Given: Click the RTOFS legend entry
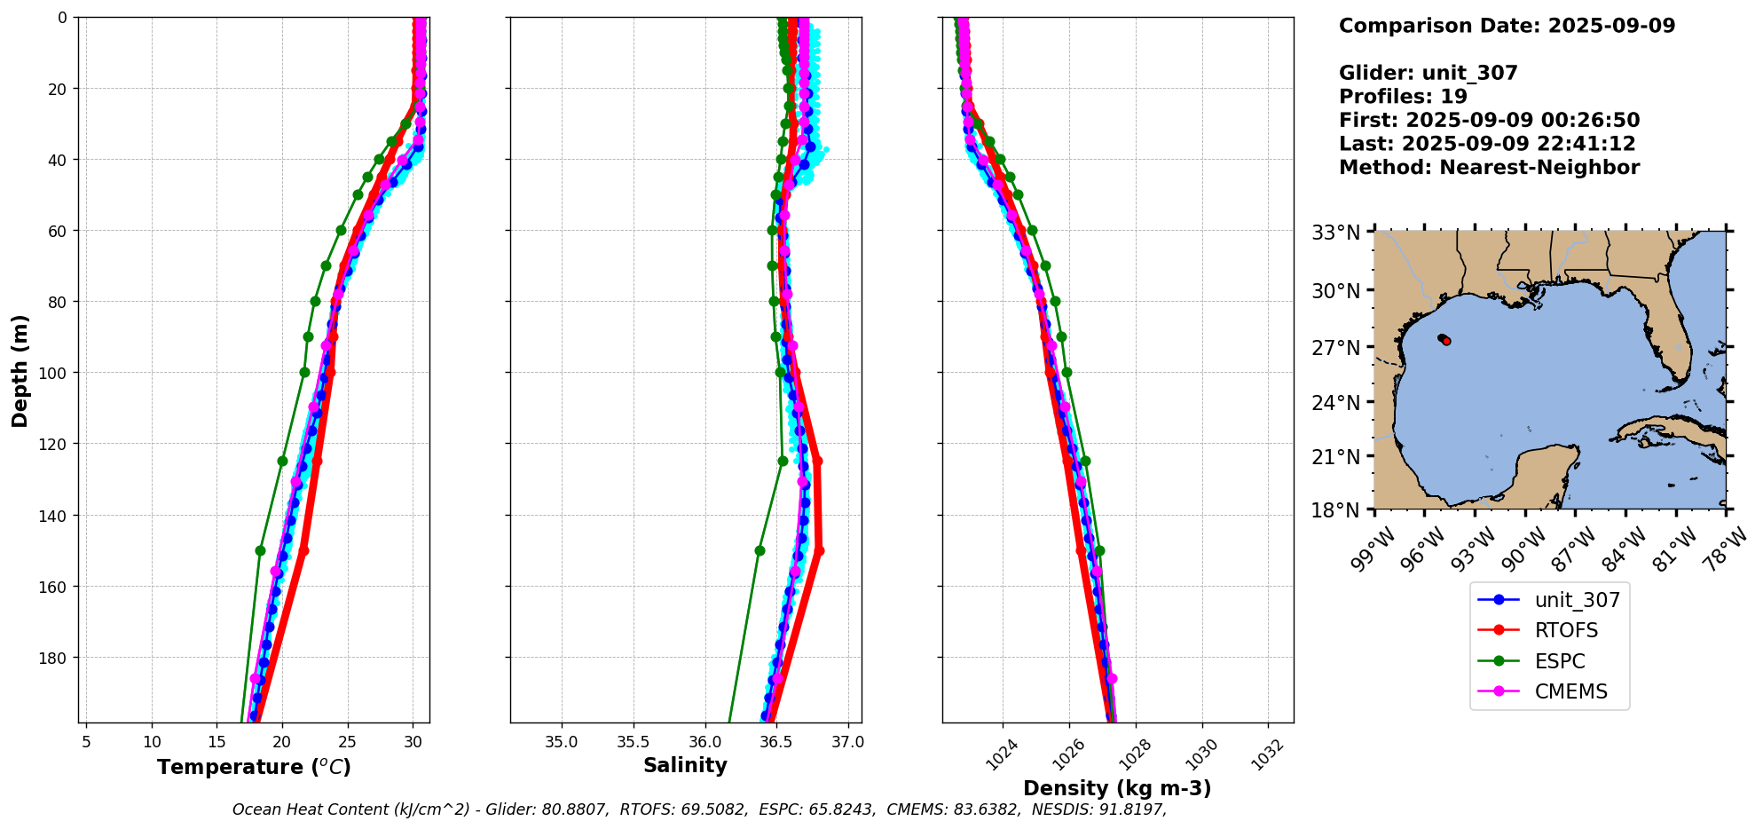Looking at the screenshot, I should tap(1566, 630).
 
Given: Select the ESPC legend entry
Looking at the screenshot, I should tap(1559, 661).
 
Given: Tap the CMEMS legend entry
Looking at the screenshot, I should tap(1570, 691).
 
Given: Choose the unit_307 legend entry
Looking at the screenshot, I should tap(1577, 600).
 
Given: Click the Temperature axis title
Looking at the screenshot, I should tap(254, 767).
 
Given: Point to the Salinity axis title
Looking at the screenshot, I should tap(685, 765).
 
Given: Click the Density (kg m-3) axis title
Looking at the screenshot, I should tap(1117, 788).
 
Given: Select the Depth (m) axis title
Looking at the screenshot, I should tap(20, 370).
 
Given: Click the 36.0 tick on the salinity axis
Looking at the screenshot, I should tap(704, 741).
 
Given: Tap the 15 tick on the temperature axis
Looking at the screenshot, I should tap(216, 741).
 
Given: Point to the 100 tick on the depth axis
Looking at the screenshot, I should tap(55, 373).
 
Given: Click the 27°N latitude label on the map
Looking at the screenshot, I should tap(1336, 347).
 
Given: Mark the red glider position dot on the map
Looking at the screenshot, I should tap(1446, 341).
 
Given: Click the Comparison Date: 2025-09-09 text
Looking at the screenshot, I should tap(1507, 26).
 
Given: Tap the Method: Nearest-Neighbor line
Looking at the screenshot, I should tap(1489, 168).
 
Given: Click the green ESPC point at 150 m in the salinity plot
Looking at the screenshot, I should tap(760, 550).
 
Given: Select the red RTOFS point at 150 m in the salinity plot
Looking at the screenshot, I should tap(819, 550).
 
